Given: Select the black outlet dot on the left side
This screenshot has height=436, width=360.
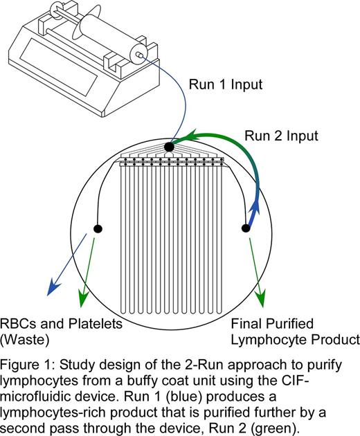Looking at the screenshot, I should click(98, 228).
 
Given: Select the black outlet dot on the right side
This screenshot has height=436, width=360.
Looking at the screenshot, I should click(245, 228).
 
